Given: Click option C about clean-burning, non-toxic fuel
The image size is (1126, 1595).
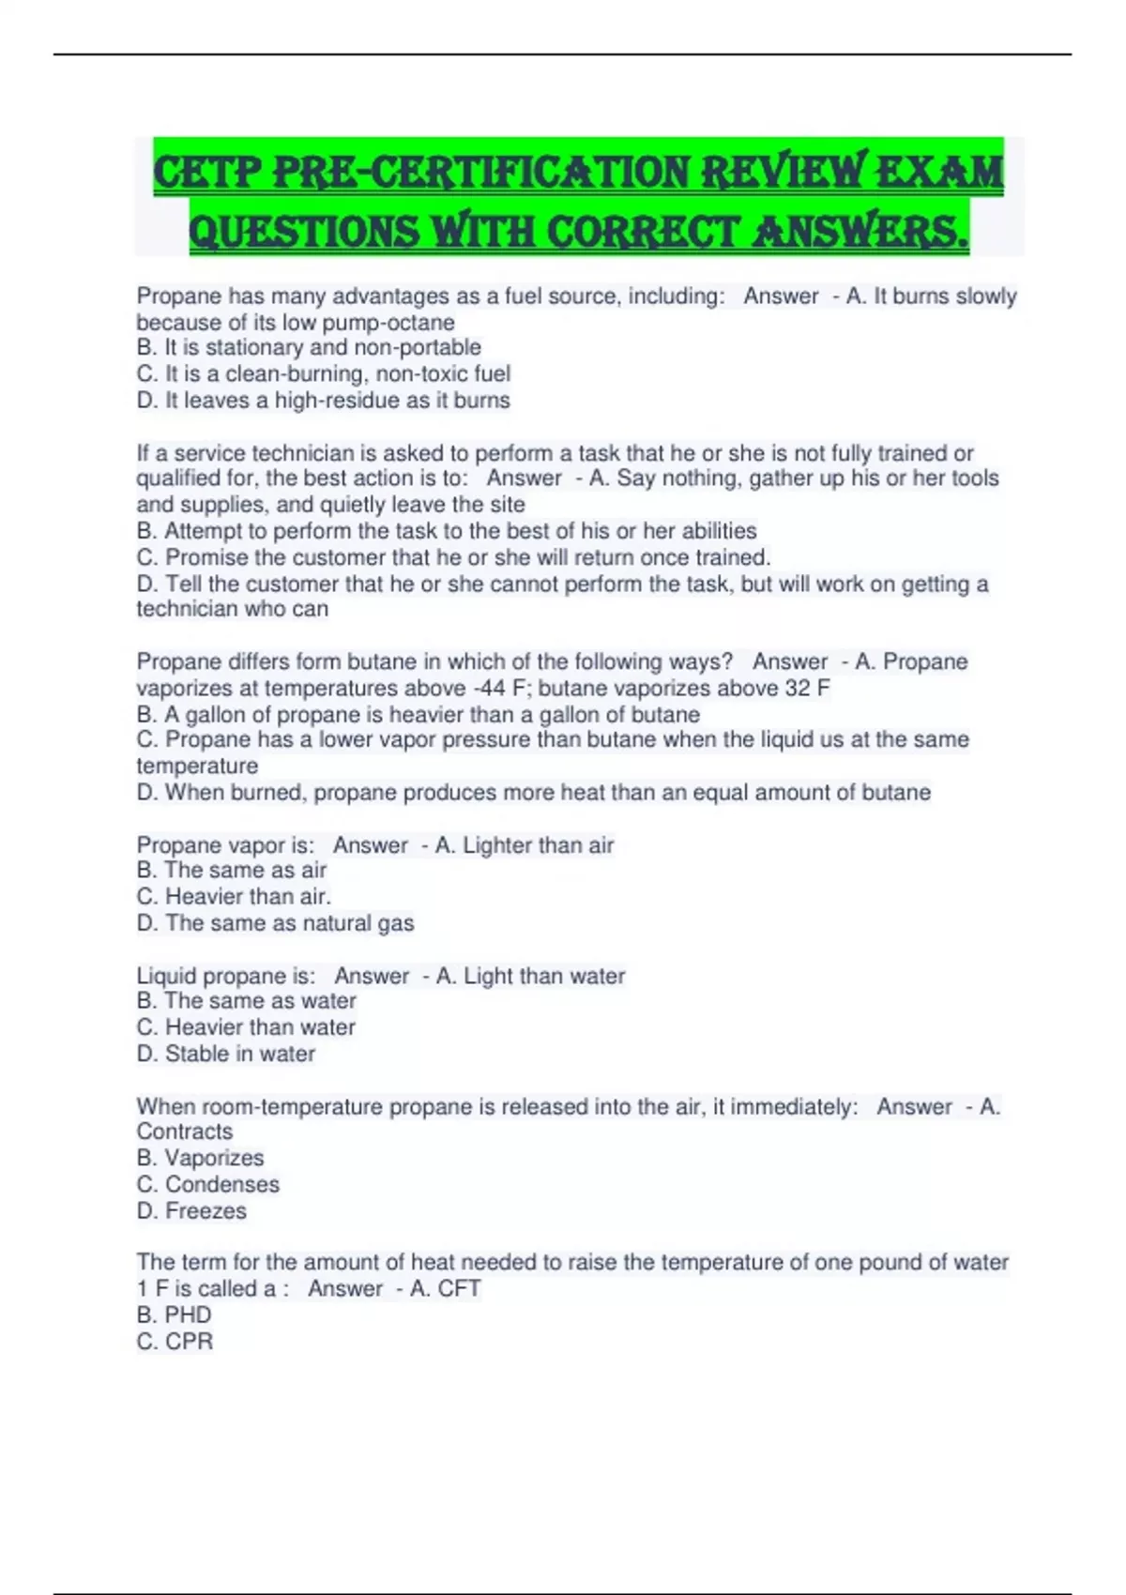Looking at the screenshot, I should [x=324, y=373].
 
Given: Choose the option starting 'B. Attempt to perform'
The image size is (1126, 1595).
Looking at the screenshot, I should [x=447, y=531].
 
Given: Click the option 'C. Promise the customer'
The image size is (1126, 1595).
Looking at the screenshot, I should [x=453, y=557].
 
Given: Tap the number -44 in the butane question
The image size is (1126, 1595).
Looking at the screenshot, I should [x=489, y=689].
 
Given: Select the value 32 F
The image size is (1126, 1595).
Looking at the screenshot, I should [x=807, y=689].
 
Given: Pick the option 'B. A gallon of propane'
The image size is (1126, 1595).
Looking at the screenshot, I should [x=418, y=715].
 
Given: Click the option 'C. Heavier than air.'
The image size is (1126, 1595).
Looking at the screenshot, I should [x=234, y=897].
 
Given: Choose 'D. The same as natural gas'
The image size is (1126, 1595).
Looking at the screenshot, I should [x=275, y=923].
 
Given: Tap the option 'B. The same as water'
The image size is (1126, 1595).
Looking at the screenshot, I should [x=246, y=1001].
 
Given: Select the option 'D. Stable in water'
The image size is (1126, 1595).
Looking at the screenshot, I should [x=225, y=1054].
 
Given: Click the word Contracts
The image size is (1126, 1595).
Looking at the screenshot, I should [x=184, y=1132].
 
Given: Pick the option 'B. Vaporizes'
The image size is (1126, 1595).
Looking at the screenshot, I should [x=200, y=1158].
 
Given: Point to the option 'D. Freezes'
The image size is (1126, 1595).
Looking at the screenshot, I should [x=191, y=1211].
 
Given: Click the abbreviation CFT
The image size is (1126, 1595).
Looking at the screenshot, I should [x=459, y=1289].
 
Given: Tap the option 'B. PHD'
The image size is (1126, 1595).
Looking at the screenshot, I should [x=174, y=1315].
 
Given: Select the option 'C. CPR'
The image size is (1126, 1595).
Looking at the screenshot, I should [x=175, y=1342].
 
